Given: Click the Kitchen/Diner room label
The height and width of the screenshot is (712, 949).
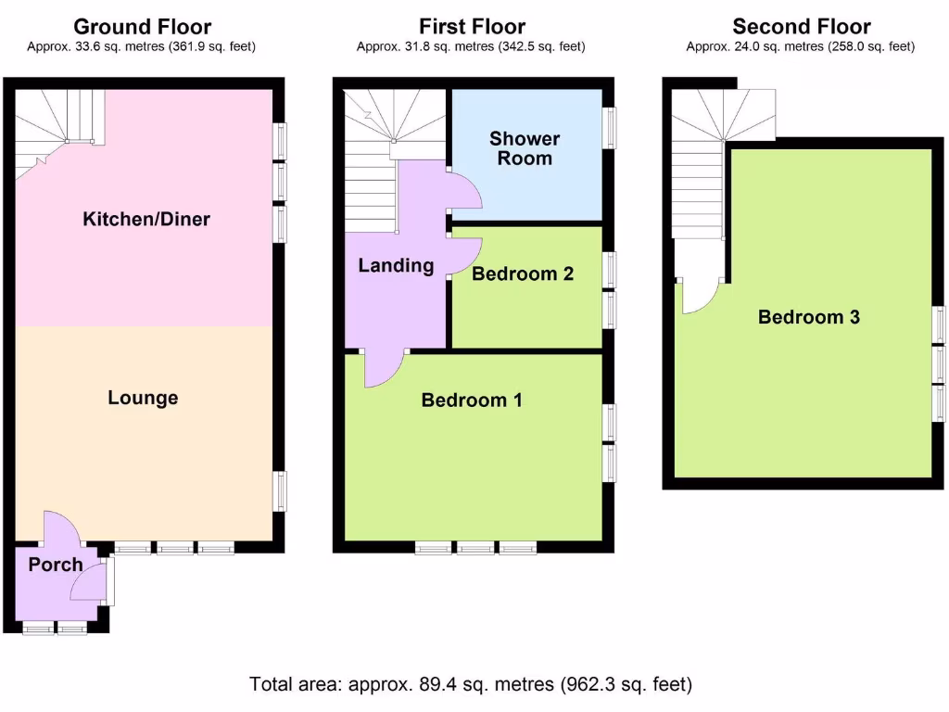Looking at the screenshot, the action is coord(146,219).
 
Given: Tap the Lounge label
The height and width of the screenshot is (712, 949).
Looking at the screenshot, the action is coord(143,397).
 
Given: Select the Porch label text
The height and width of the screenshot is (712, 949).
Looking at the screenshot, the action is coord(56,565).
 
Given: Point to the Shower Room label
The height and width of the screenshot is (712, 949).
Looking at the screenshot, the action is coord(525,148).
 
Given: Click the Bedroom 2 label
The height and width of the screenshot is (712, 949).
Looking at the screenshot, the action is coord(523,273).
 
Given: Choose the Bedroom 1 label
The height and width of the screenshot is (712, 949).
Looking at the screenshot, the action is coord(472,400).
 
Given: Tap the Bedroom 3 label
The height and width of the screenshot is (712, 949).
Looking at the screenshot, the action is coord(808,317).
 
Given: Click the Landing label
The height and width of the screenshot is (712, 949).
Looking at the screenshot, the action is coord(396,265).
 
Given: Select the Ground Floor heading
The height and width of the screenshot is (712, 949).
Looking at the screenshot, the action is coord(142,27).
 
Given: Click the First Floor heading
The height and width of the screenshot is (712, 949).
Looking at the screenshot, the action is coord(472,27).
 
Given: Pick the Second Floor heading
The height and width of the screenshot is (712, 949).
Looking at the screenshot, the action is coord(802,27).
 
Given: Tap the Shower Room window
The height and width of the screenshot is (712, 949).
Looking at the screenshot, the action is coord(610,128).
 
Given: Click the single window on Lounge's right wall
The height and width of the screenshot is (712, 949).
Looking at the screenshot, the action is coord(280,491).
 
